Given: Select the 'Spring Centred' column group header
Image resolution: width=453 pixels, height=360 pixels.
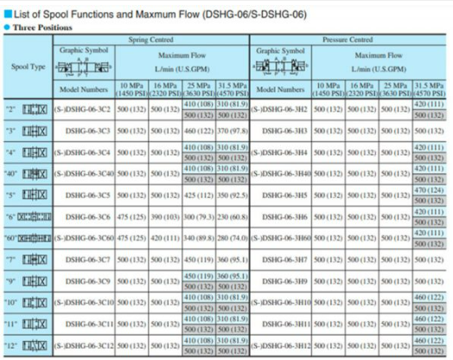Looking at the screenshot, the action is click(151, 40).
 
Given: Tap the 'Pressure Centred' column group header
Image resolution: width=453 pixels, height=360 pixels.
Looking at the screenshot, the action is click(346, 40).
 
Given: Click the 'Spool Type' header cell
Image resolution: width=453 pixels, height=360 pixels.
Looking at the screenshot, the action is click(29, 66).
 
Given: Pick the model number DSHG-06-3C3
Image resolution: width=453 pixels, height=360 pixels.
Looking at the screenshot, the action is click(85, 131).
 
